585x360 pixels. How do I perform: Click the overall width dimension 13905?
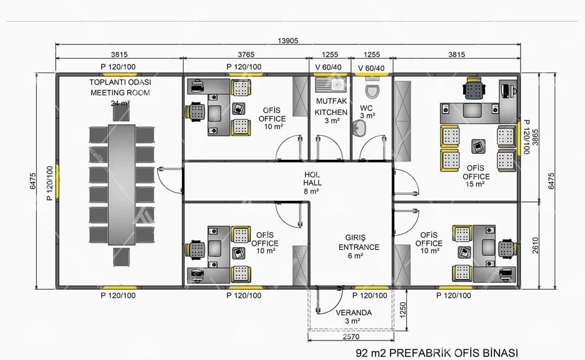(288, 41)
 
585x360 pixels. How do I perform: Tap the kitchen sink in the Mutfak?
(331, 84)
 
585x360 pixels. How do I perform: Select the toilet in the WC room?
(372, 88)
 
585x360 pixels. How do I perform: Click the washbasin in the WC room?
(359, 128)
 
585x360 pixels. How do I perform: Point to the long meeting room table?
(122, 185)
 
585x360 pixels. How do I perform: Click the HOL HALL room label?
(312, 179)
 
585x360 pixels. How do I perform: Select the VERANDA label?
(354, 312)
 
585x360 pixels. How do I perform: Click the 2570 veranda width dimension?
(351, 337)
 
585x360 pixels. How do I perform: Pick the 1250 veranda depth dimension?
(402, 310)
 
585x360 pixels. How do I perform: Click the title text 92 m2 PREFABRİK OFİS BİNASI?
(437, 352)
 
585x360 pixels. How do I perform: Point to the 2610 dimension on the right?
(535, 245)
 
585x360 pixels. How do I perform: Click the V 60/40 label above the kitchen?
(328, 67)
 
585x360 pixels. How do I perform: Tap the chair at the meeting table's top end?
(121, 113)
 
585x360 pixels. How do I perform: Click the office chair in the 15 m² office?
(474, 88)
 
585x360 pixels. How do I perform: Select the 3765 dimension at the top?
(246, 55)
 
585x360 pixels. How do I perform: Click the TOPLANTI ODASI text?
(120, 82)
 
